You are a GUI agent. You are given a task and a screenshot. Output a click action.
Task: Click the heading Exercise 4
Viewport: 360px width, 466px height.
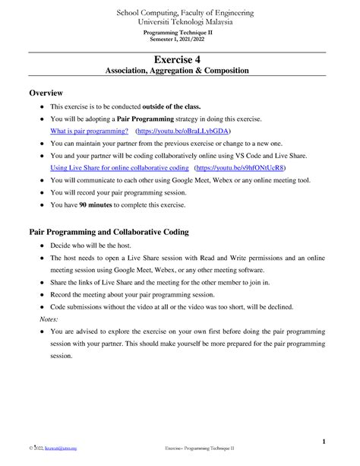(x=179, y=59)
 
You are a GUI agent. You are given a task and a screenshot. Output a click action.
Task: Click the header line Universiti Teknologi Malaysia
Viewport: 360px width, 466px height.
(x=179, y=23)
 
